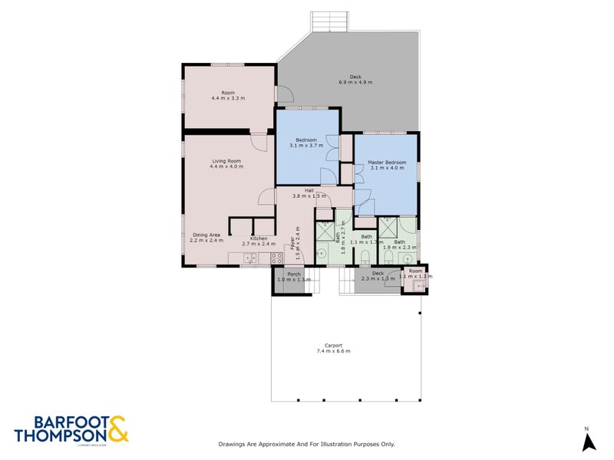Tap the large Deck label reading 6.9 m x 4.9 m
click(355, 77)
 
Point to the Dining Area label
click(206, 235)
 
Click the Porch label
click(293, 274)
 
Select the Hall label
click(309, 190)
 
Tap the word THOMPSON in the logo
click(60, 435)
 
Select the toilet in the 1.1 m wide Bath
click(366, 256)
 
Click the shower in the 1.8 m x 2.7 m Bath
click(325, 231)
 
